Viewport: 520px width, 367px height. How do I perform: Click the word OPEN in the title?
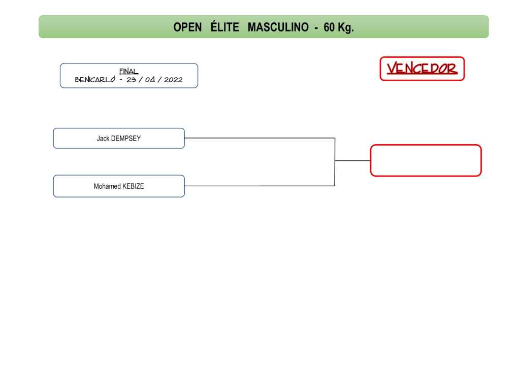coord(187,27)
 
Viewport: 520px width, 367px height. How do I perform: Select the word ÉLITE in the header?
coord(224,26)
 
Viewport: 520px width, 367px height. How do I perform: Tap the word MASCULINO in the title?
coord(278,27)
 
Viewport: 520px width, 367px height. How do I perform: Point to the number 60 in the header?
coord(329,27)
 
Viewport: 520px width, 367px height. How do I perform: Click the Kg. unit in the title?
coord(346,27)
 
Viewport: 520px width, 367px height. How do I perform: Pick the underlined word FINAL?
coord(128,71)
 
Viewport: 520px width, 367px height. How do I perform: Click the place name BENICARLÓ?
coord(95,79)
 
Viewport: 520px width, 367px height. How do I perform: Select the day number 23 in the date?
coord(132,80)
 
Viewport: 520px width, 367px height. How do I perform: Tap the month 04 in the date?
coord(150,80)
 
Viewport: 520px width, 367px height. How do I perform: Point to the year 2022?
coord(174,80)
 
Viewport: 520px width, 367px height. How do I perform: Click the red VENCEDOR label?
coord(422,69)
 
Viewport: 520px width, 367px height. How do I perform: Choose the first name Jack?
coord(103,138)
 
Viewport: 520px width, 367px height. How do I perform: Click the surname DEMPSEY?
coord(126,138)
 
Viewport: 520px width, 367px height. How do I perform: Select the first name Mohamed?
coord(107,186)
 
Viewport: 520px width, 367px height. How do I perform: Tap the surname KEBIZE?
coord(133,186)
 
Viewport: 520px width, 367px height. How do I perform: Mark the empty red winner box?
coord(426,160)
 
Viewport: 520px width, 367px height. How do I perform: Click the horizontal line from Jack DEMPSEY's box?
coord(259,138)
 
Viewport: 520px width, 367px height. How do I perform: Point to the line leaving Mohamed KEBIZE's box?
coord(259,186)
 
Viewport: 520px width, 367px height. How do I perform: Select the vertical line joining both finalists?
coord(335,162)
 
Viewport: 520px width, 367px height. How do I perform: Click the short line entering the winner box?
coord(352,160)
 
